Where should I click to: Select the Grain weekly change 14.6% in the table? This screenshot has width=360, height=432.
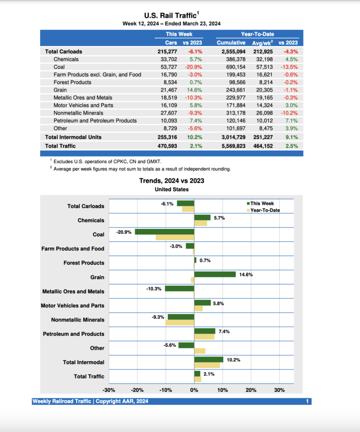point(194,90)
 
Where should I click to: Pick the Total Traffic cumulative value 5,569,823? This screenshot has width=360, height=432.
point(231,146)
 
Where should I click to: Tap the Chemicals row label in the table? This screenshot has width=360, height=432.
point(66,59)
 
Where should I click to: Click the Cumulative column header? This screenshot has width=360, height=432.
point(231,43)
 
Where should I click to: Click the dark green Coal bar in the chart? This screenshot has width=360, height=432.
point(165,232)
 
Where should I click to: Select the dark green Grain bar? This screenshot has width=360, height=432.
point(215,274)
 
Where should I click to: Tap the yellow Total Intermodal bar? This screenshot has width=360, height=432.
point(207,365)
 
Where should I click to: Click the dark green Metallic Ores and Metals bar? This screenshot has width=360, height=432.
point(179,289)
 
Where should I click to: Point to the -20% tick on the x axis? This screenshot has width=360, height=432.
point(137,390)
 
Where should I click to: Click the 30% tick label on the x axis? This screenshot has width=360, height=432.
point(279,390)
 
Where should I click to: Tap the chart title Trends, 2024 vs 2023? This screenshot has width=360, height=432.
point(172,181)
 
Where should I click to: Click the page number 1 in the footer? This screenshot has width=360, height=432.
point(308,401)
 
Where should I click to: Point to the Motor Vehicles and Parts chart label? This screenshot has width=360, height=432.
point(72,305)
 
